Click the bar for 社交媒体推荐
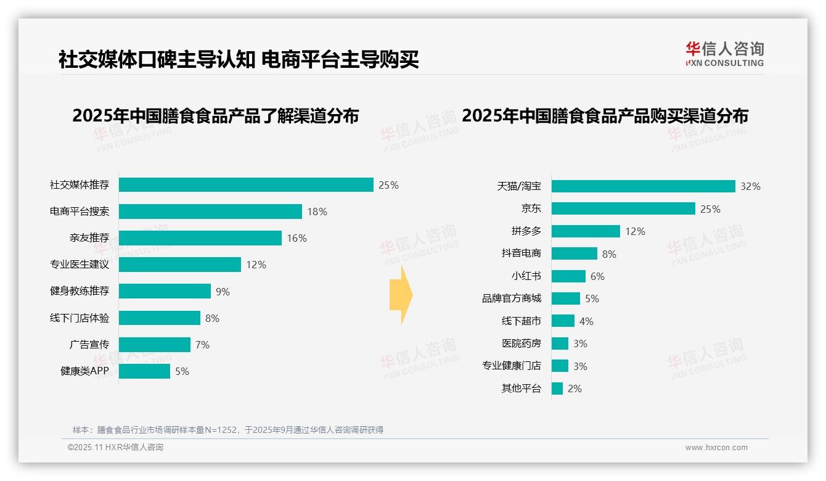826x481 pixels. tap(246, 185)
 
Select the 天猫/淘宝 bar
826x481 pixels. tap(643, 186)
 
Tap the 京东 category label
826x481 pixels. tap(531, 209)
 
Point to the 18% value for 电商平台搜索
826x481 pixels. tap(317, 212)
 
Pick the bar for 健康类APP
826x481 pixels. tap(144, 371)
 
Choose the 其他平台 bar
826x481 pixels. tap(557, 388)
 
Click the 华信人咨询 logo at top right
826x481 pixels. tap(724, 54)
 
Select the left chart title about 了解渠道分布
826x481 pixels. tap(215, 116)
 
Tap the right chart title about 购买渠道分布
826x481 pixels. tap(605, 116)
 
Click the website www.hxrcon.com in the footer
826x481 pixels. tap(716, 448)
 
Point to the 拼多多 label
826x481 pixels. tap(526, 231)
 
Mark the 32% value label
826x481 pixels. tap(750, 186)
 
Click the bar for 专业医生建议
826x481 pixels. tap(180, 265)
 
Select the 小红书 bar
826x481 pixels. tap(568, 276)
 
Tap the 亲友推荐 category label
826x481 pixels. tap(89, 238)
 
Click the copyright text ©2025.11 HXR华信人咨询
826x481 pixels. tap(115, 448)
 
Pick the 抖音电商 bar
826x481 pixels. tap(574, 253)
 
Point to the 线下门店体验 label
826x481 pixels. tap(80, 318)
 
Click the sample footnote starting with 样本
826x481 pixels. tap(228, 430)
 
